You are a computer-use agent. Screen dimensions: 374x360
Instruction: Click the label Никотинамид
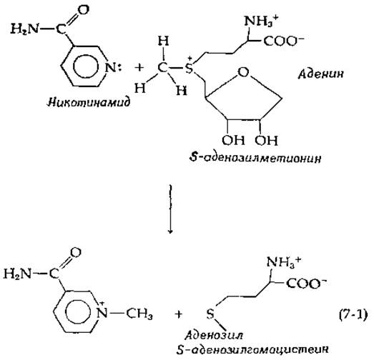click(x=89, y=102)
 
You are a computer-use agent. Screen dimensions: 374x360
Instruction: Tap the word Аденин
click(x=320, y=74)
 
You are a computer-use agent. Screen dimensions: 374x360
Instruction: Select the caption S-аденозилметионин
click(x=255, y=157)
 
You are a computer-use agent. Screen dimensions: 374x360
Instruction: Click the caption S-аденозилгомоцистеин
click(x=252, y=349)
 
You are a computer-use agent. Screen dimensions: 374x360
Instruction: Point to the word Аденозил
click(x=214, y=335)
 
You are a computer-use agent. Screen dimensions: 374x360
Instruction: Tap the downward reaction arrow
click(x=170, y=209)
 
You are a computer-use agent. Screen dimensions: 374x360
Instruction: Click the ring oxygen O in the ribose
click(x=243, y=72)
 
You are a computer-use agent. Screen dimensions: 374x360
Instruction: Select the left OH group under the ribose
click(x=233, y=140)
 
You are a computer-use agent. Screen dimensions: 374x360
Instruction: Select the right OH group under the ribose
click(x=266, y=140)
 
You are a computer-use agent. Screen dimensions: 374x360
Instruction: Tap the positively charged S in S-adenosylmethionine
click(x=189, y=68)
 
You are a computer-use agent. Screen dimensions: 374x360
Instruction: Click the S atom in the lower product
click(x=210, y=314)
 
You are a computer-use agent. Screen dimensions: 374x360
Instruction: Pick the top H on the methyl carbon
click(x=163, y=41)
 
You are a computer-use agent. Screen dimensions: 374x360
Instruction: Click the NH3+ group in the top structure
click(x=261, y=21)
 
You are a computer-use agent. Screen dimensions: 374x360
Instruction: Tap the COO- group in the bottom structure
click(x=306, y=283)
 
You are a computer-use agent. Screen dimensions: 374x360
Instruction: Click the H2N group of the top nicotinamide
click(x=24, y=29)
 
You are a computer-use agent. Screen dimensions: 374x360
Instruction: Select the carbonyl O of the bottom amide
click(x=76, y=252)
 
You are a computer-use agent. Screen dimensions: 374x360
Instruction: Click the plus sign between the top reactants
click(x=139, y=68)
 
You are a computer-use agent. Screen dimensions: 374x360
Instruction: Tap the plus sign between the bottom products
click(x=178, y=314)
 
